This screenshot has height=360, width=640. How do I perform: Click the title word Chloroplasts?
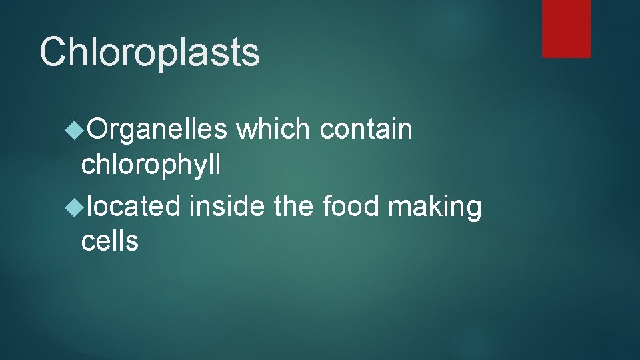point(149,52)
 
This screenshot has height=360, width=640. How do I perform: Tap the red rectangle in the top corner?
point(566,29)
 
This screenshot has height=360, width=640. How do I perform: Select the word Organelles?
point(157,129)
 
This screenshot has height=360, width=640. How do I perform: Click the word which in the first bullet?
point(274,129)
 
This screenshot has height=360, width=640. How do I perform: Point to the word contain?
point(366,129)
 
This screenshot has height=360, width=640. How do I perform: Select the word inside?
point(227,206)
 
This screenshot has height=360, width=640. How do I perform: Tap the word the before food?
point(295,206)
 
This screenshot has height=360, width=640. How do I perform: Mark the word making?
point(435,207)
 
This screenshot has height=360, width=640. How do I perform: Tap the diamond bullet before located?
point(74,207)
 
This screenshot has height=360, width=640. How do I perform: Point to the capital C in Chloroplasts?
point(54,52)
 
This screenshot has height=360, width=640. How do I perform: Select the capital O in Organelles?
point(99,129)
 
